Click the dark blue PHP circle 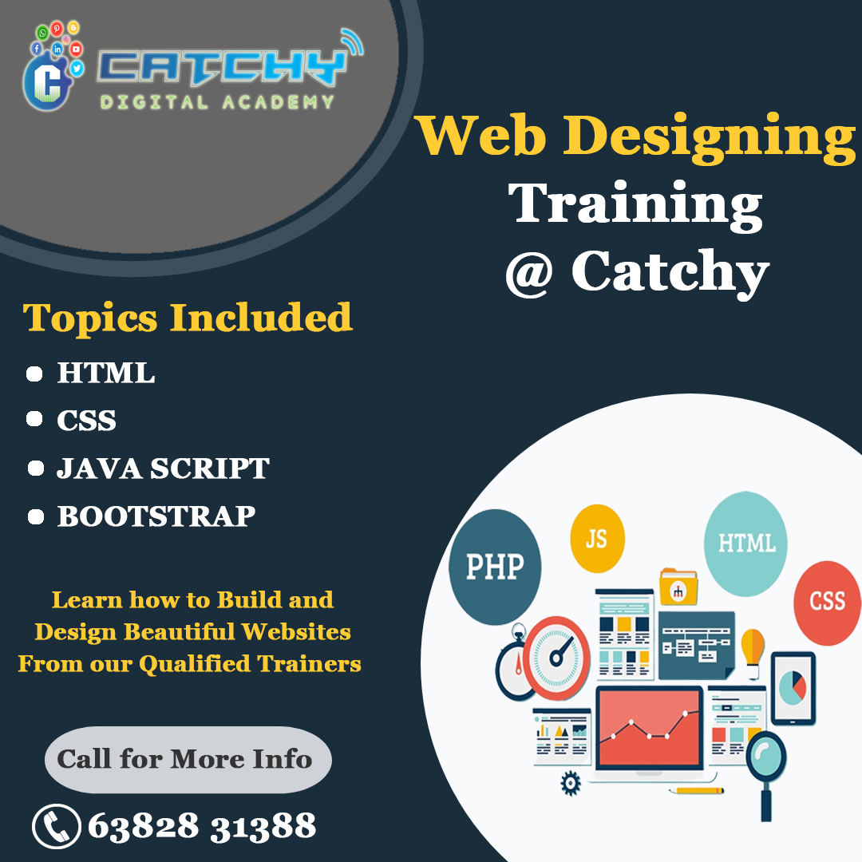pos(495,567)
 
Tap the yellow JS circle pos(597,539)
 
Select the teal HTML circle pos(745,544)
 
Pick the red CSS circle pos(827,603)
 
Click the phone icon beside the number pos(57,826)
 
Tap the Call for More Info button pos(188,760)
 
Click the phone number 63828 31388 pos(202,826)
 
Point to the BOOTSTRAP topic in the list pos(156,516)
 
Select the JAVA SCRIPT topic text pos(163,469)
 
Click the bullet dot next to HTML pos(34,374)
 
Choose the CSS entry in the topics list pos(86,421)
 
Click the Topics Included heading pos(187,318)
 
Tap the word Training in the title pos(635,204)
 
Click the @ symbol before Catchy pos(529,273)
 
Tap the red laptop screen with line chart pos(649,728)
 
